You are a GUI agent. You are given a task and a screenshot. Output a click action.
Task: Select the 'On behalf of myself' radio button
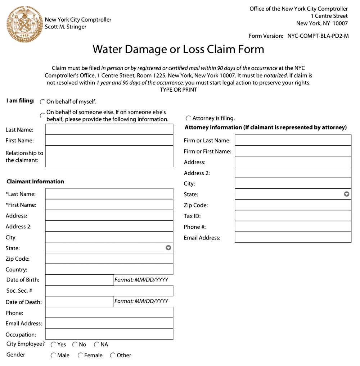tap(42, 102)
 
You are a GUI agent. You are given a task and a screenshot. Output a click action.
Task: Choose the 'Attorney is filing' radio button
tap(188, 118)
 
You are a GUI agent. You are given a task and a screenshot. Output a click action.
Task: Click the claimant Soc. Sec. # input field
tap(109, 290)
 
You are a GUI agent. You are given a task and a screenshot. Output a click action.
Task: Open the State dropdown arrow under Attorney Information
tap(346, 194)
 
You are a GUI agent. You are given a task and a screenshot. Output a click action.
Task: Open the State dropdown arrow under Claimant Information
tap(168, 248)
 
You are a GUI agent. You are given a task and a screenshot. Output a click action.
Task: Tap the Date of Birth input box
tap(80, 280)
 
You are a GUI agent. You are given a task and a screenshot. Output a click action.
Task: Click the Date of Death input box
tap(80, 301)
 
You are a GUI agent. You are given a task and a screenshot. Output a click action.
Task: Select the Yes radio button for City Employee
tap(53, 344)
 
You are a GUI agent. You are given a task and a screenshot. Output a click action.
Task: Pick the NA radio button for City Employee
tap(96, 344)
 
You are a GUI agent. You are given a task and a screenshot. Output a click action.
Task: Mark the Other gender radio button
tap(113, 355)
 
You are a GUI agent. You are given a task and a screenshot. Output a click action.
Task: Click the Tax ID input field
tap(293, 216)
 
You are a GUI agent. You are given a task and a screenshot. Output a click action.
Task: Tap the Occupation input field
tap(109, 334)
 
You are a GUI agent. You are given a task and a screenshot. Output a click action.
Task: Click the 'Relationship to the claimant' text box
tap(109, 156)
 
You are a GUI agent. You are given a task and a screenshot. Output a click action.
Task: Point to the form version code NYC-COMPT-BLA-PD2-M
tap(318, 36)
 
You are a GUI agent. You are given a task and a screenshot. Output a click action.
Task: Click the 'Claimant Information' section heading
tap(35, 182)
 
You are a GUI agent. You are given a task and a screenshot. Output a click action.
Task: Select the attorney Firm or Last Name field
tap(293, 140)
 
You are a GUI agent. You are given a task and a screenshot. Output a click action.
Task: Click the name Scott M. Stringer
tap(66, 27)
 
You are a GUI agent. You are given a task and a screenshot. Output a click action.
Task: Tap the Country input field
tap(109, 269)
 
